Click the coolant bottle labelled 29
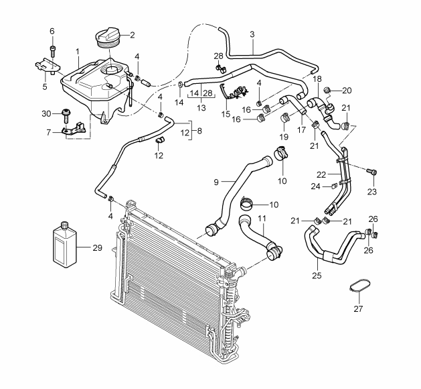click(x=64, y=245)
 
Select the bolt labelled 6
click(x=52, y=51)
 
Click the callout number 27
click(x=358, y=309)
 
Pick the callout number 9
click(x=216, y=182)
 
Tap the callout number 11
click(x=262, y=219)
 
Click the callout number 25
click(x=317, y=276)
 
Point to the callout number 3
click(x=252, y=34)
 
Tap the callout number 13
click(x=201, y=107)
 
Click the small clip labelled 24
click(x=333, y=186)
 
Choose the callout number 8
click(x=199, y=131)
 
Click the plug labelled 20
click(x=327, y=91)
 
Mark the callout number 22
click(x=321, y=174)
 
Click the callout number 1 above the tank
click(x=78, y=52)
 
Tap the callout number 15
click(x=226, y=114)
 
